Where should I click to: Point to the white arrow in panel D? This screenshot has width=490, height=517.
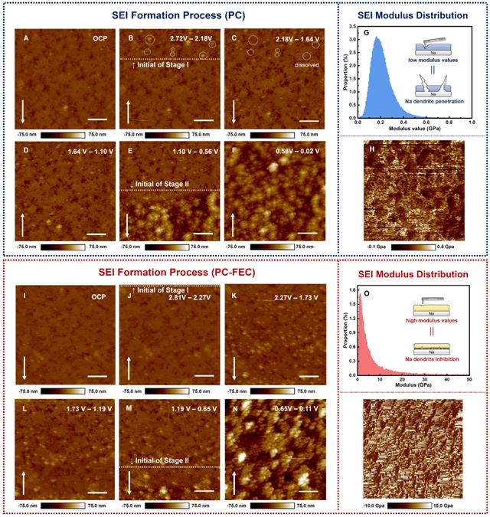(x=23, y=223)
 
